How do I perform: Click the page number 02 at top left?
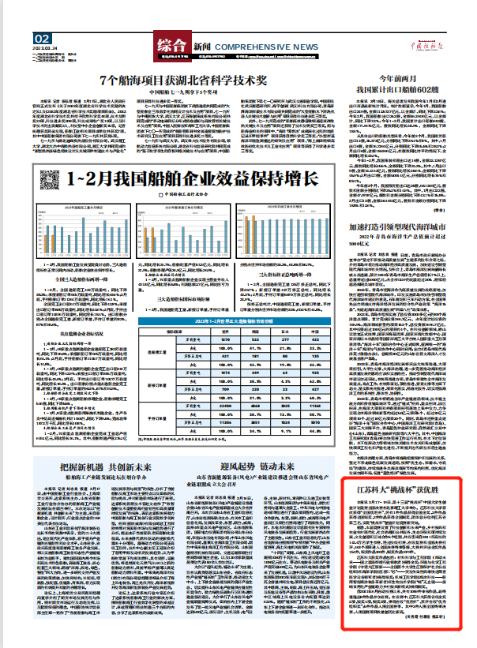click(43, 38)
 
